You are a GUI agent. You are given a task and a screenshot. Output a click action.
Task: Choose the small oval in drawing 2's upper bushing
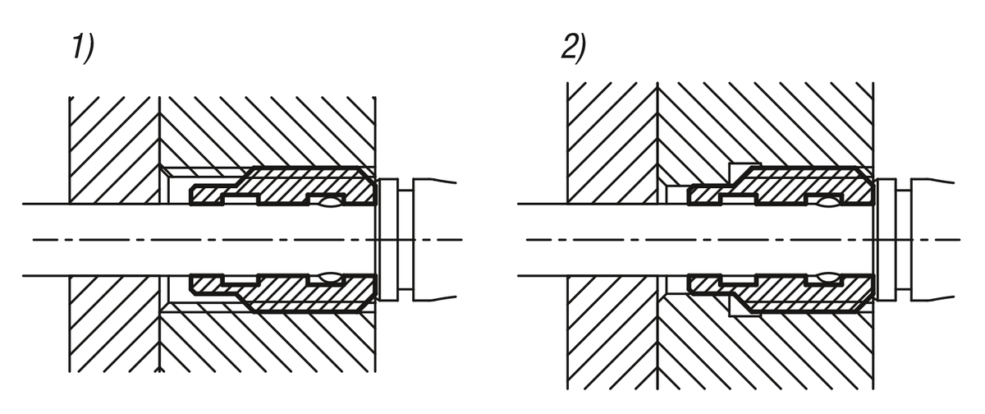point(825,201)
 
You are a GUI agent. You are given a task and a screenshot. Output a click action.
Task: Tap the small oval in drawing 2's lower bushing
point(825,277)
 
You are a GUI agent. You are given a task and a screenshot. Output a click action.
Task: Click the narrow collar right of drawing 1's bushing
point(389,239)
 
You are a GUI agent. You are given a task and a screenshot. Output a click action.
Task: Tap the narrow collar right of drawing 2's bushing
point(886,239)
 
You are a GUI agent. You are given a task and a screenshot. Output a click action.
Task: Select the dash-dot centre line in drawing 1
point(246,239)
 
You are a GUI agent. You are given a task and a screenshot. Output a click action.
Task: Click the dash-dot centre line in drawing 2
point(739,239)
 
